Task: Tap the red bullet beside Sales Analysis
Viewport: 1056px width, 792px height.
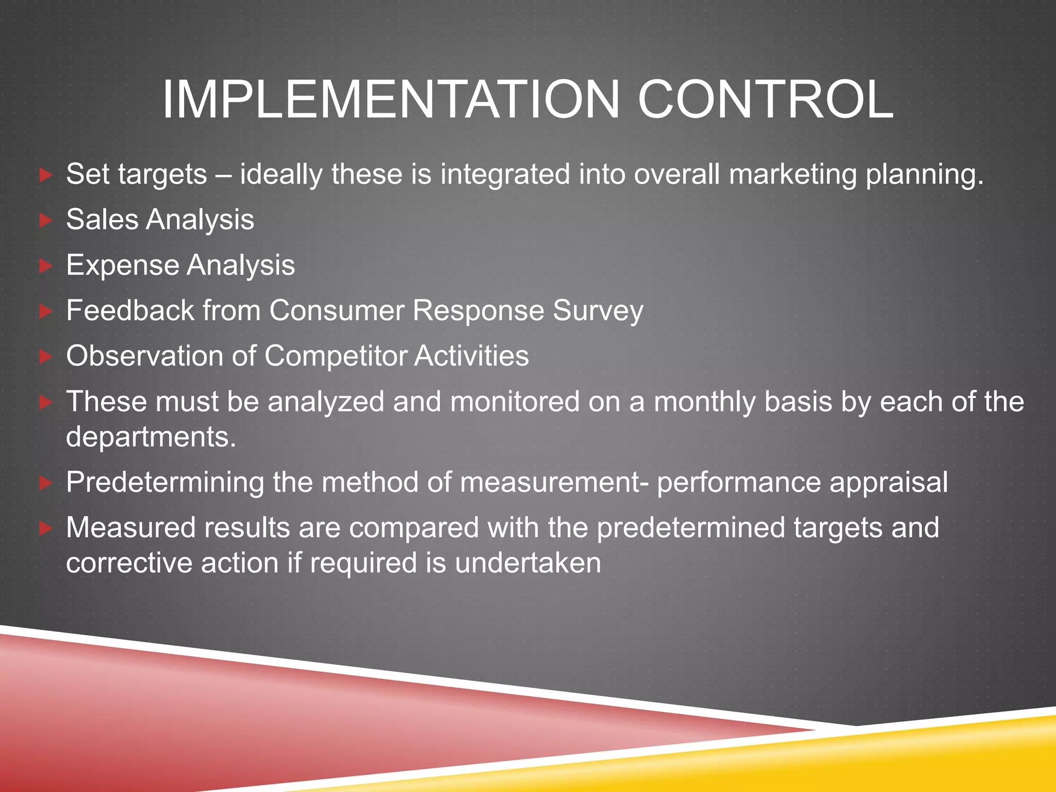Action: pyautogui.click(x=46, y=221)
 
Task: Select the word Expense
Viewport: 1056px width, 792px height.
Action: pyautogui.click(x=123, y=266)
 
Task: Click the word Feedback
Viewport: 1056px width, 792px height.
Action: pyautogui.click(x=130, y=311)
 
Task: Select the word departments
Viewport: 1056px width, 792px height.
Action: pyautogui.click(x=151, y=437)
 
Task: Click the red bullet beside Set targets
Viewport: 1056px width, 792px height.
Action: pyautogui.click(x=46, y=175)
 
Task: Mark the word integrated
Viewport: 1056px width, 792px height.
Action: pyautogui.click(x=505, y=175)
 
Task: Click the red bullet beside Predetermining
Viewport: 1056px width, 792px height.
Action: pyautogui.click(x=46, y=483)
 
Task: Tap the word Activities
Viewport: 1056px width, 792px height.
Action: pyautogui.click(x=471, y=356)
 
